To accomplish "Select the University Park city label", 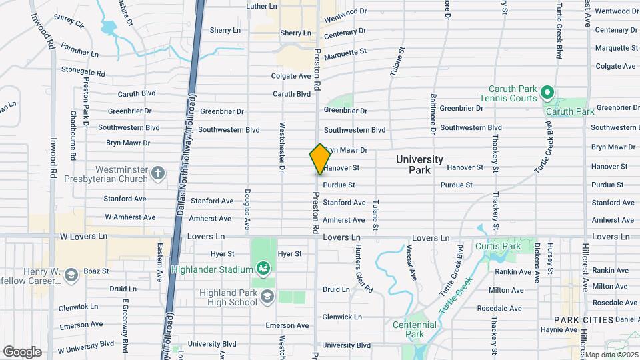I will click(x=419, y=165).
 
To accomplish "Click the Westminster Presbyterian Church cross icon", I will click(x=158, y=174).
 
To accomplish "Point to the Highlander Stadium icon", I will click(x=263, y=269).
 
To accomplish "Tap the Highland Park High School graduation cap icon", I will click(x=267, y=296).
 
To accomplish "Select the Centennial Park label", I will click(x=414, y=329).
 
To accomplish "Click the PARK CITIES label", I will click(x=584, y=320).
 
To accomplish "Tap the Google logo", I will click(x=22, y=351).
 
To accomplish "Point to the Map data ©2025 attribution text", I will click(x=611, y=355).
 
